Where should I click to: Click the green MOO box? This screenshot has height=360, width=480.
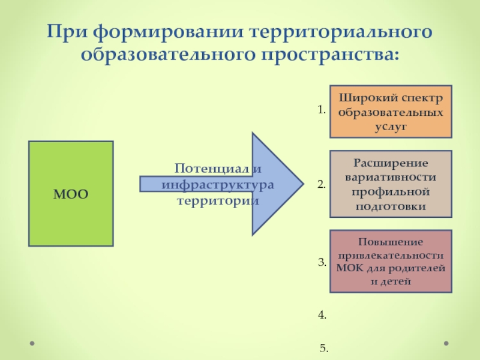click(71, 193)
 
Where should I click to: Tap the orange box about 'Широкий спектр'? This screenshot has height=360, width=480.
click(391, 112)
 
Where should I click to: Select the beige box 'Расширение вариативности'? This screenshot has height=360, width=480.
click(391, 184)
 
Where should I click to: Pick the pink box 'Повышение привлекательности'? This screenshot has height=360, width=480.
click(391, 261)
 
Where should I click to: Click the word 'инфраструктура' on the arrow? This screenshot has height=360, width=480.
click(218, 184)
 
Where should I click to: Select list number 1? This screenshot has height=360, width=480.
click(322, 110)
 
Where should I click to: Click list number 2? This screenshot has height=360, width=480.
click(322, 185)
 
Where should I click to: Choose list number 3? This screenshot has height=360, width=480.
click(322, 262)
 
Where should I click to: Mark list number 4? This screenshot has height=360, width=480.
click(322, 314)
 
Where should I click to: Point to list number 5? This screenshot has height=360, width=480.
click(324, 348)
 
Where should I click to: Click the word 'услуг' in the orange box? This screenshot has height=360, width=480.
click(391, 127)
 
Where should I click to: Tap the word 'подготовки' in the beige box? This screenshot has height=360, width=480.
click(391, 206)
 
